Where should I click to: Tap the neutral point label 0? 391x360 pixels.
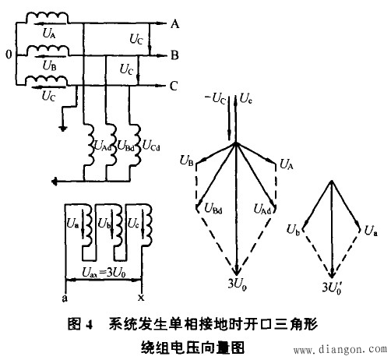8,56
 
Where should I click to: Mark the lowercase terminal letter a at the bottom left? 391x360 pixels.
63,297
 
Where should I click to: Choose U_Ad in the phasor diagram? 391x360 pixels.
261,208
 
